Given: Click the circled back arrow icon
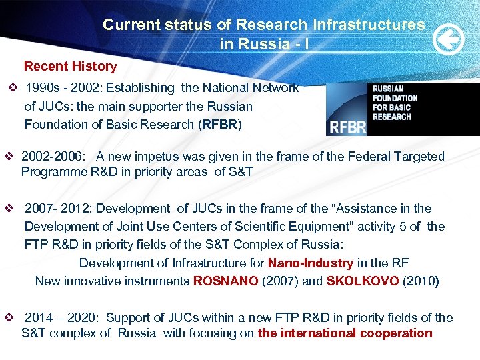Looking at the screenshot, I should click(449, 41).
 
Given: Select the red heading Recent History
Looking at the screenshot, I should click(70, 67).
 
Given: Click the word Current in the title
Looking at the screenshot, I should click(131, 25).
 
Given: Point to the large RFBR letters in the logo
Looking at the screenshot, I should click(347, 126).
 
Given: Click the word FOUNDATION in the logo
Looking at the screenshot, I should click(395, 98).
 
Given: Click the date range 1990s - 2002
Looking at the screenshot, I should click(63, 88).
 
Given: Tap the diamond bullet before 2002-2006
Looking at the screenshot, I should click(9, 157).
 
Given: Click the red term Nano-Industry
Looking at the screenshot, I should click(310, 263).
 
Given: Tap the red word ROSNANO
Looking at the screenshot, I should click(225, 281).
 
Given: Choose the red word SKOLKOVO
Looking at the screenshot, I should click(363, 281).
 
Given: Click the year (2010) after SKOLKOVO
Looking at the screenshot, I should click(421, 281).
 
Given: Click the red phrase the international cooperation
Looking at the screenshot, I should click(345, 333).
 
